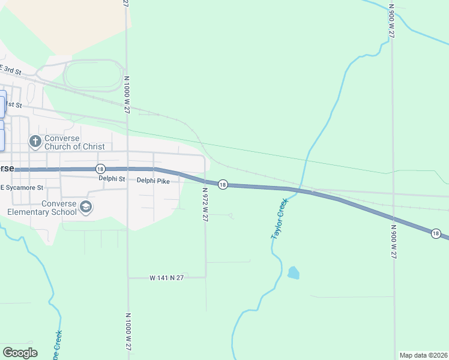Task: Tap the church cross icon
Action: [35, 142]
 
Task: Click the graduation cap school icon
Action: [86, 207]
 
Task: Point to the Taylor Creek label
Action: [279, 219]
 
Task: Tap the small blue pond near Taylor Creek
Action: [293, 273]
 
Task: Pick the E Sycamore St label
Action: [22, 188]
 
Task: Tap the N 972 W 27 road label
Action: [205, 205]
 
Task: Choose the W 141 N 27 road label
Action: [166, 278]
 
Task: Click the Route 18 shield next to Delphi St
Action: [100, 169]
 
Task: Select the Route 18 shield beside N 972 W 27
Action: [222, 185]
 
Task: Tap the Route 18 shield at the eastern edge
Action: [436, 233]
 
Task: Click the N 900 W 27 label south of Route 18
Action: [393, 242]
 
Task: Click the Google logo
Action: [20, 353]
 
